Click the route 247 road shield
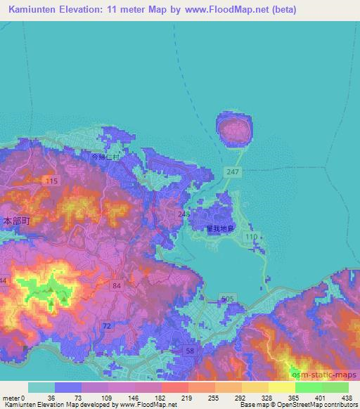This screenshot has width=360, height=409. pos(233,171)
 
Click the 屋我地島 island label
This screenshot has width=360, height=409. pos(219,228)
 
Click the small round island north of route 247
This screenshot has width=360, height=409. pos(233,129)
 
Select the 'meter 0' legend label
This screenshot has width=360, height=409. pos(13,398)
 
